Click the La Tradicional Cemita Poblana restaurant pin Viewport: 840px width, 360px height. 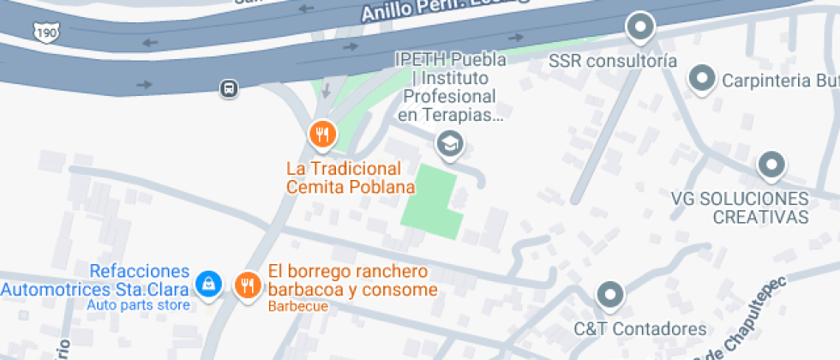[x=322, y=135]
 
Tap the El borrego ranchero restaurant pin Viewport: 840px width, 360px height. [x=248, y=284]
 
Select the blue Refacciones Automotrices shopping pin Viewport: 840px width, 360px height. [x=207, y=284]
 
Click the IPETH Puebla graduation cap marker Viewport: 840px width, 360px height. [x=448, y=145]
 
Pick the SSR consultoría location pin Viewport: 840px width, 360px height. [x=639, y=29]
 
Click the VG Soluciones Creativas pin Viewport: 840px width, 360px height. [x=771, y=165]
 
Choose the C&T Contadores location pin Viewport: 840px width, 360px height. [x=610, y=296]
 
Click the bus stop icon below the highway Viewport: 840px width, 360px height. [x=228, y=87]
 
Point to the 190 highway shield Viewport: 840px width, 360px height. [x=46, y=32]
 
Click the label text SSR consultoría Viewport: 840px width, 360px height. [x=613, y=62]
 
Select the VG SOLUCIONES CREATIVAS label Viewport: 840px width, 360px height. [x=740, y=207]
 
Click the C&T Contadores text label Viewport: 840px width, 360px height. [x=640, y=329]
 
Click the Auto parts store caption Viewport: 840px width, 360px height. [x=139, y=305]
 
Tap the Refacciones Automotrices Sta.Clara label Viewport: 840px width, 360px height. [x=94, y=280]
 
